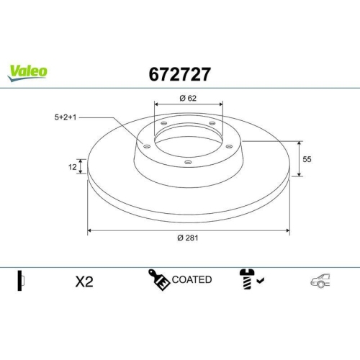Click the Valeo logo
tap(28, 71)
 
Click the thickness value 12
tap(71, 167)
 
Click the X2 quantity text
tap(84, 282)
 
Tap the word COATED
tap(192, 279)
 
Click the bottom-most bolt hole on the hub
tap(188, 162)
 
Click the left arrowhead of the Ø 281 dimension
tap(90, 230)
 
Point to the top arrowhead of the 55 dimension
tap(299, 142)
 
